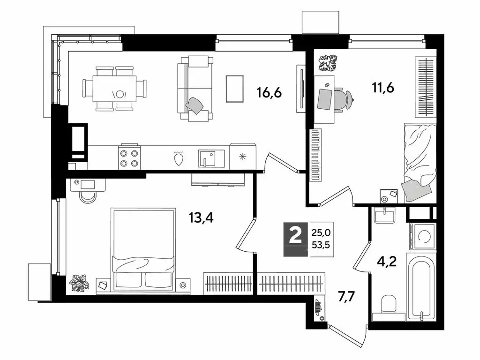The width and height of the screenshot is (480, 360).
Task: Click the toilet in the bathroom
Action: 388,305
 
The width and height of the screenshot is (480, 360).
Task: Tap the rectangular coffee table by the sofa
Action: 234,88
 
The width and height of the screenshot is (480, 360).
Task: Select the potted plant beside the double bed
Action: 78,283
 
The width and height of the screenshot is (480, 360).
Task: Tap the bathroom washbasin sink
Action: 385,216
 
